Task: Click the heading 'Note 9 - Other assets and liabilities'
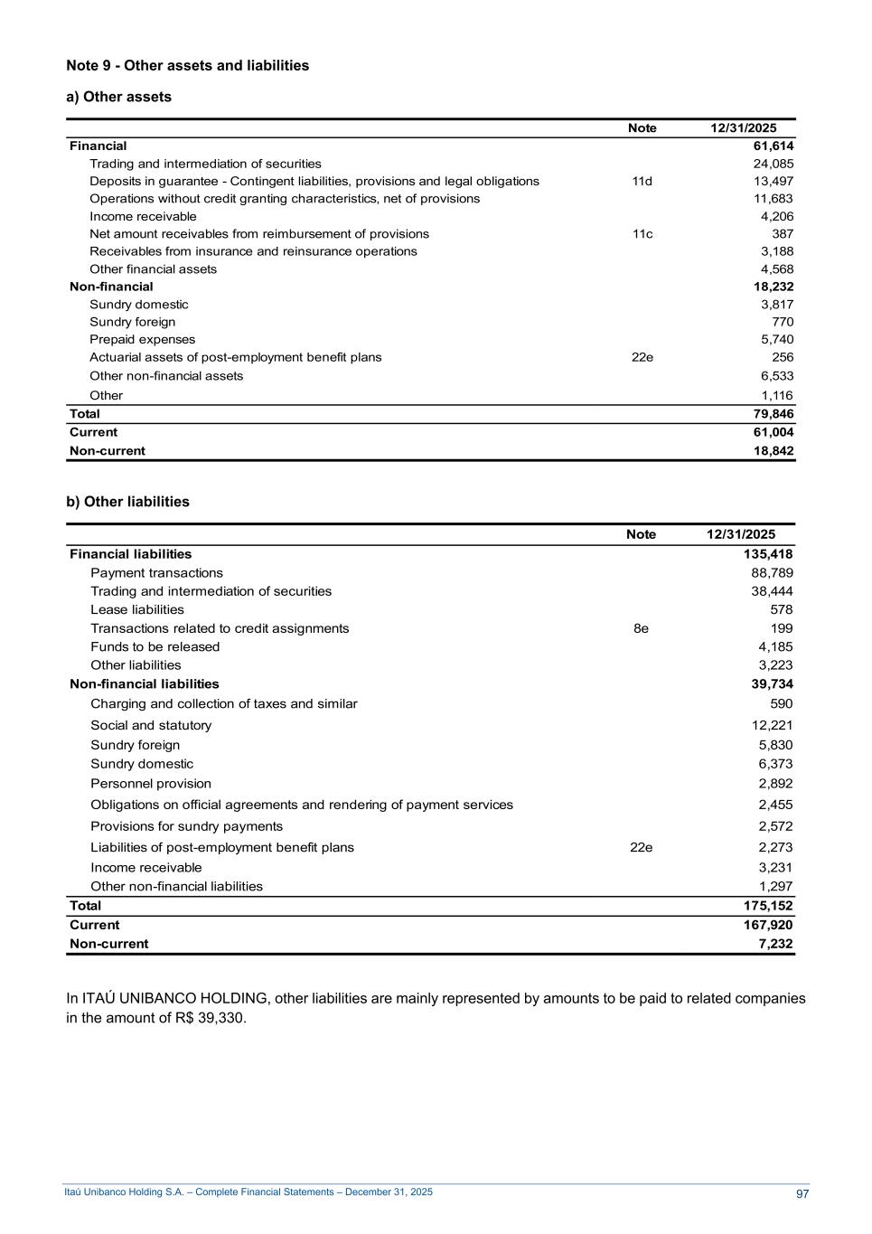pyautogui.click(x=188, y=66)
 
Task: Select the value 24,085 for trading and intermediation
pyautogui.click(x=774, y=164)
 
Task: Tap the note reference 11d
pyautogui.click(x=642, y=181)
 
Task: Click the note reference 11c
pyautogui.click(x=642, y=233)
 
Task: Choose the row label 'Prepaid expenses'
pyautogui.click(x=142, y=339)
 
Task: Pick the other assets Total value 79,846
pyautogui.click(x=774, y=414)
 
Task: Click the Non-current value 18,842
pyautogui.click(x=774, y=450)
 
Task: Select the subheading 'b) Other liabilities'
pyautogui.click(x=128, y=502)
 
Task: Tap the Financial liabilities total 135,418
pyautogui.click(x=768, y=554)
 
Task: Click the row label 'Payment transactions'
pyautogui.click(x=156, y=572)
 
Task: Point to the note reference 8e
pyautogui.click(x=641, y=628)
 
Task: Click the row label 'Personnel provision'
pyautogui.click(x=151, y=784)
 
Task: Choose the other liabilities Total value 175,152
pyautogui.click(x=768, y=905)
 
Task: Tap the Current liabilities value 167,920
pyautogui.click(x=768, y=925)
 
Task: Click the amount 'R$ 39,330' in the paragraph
pyautogui.click(x=210, y=1018)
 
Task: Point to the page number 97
pyautogui.click(x=802, y=1194)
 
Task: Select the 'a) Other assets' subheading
pyautogui.click(x=119, y=97)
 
